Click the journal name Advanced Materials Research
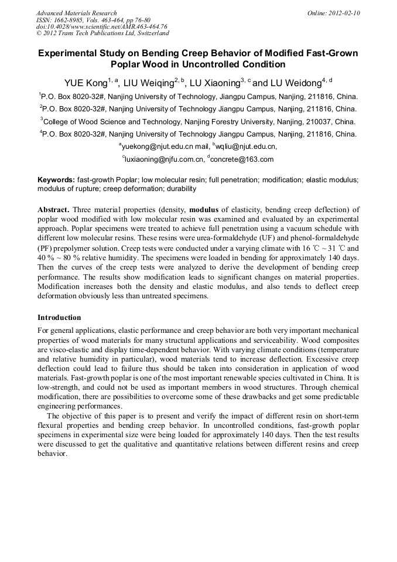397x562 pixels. click(76, 13)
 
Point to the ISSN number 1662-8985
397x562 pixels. click(73, 20)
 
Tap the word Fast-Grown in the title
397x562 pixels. click(332, 53)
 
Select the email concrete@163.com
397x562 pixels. click(242, 159)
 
